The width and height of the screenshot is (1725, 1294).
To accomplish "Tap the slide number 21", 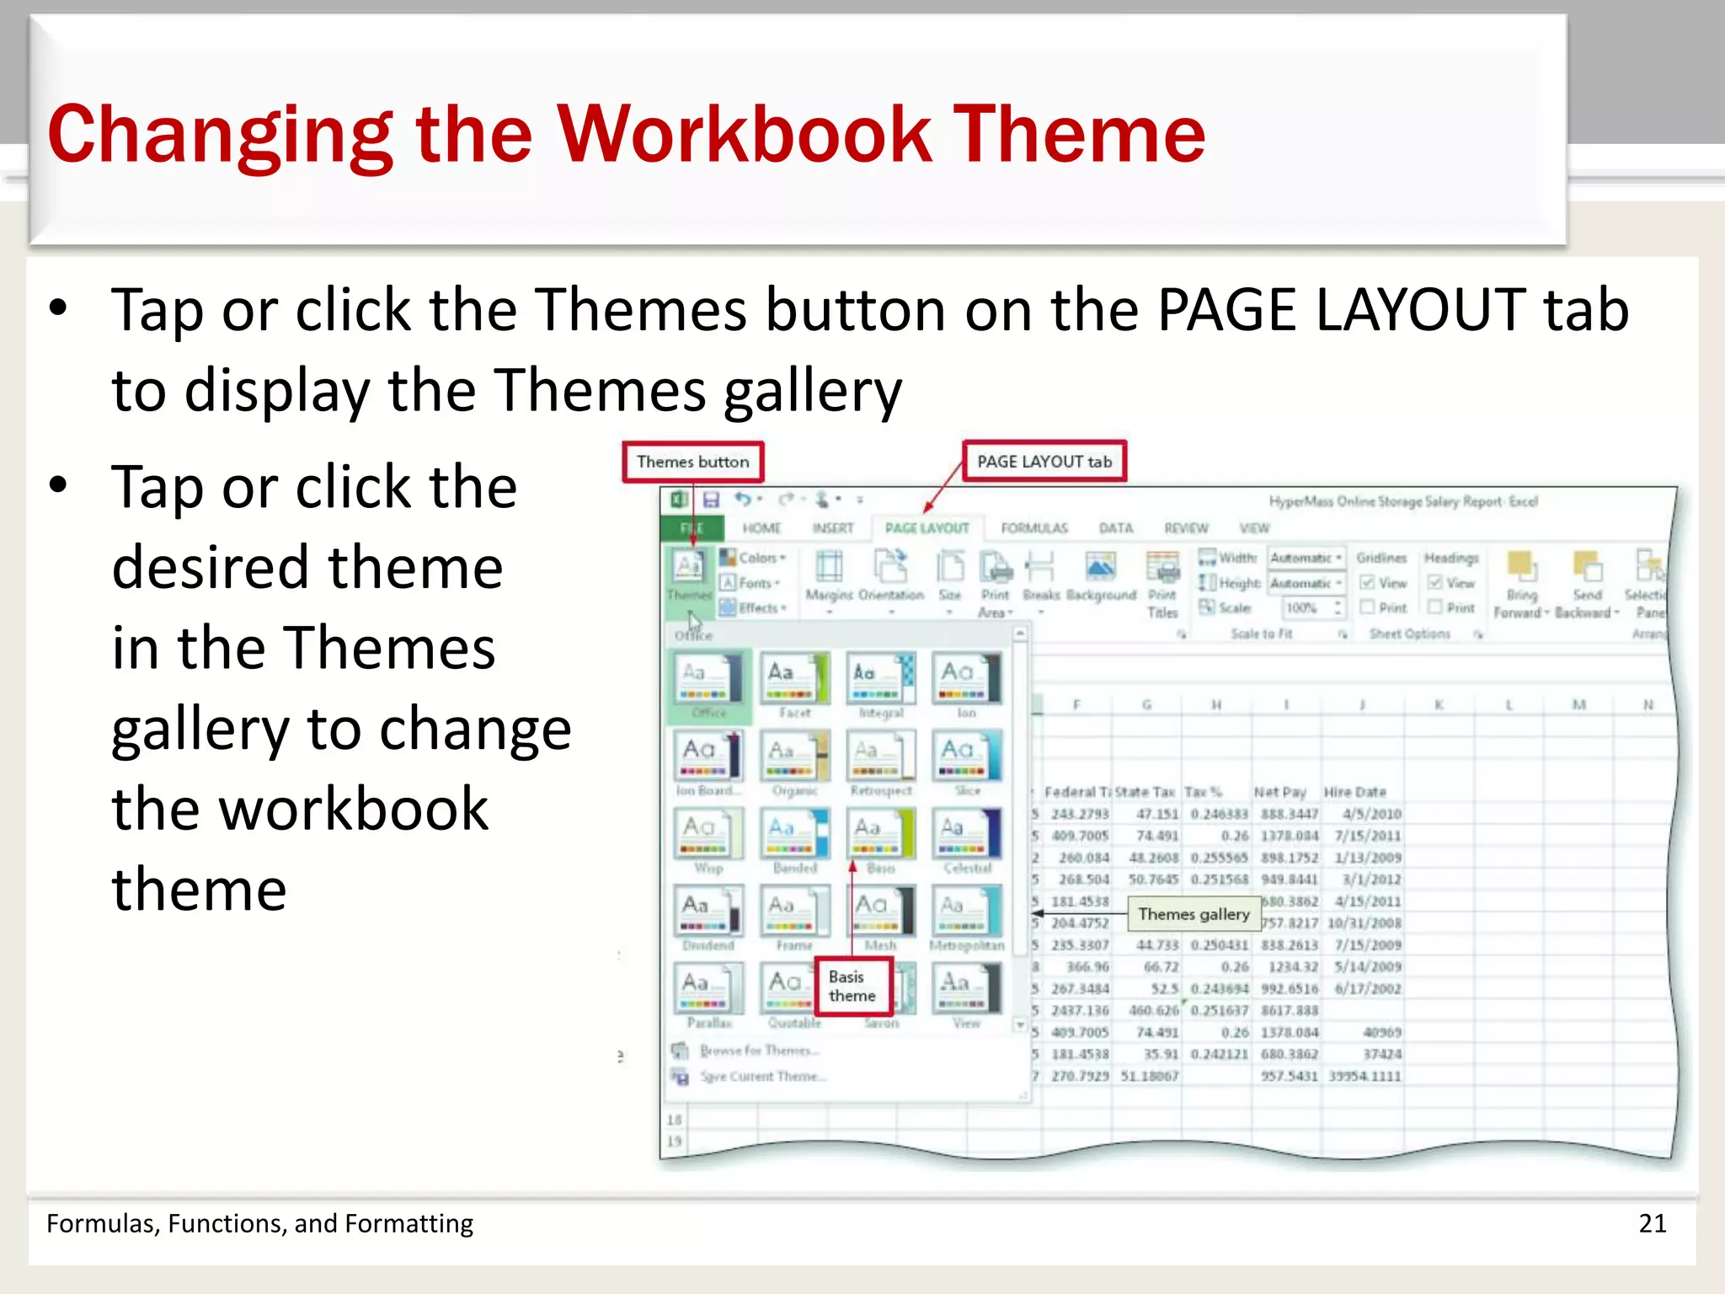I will pyautogui.click(x=1652, y=1223).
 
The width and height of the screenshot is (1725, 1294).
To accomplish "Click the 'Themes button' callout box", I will pyautogui.click(x=692, y=462).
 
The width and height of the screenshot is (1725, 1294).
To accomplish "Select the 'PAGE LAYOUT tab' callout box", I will pyautogui.click(x=1044, y=462).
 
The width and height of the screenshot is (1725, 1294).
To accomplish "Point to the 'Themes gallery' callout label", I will pyautogui.click(x=1194, y=914).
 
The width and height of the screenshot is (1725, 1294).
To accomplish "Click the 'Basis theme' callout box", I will pyautogui.click(x=852, y=987).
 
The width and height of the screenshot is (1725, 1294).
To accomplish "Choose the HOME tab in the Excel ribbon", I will pyautogui.click(x=761, y=528).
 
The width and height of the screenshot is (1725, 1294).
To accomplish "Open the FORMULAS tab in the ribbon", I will pyautogui.click(x=1033, y=528).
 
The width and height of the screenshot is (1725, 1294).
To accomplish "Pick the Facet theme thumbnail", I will pyautogui.click(x=794, y=678).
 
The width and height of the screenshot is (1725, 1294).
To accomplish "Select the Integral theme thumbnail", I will pyautogui.click(x=880, y=678).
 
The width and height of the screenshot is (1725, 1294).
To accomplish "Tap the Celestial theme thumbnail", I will pyautogui.click(x=966, y=833).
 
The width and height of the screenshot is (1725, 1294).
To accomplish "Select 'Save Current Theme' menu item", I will pyautogui.click(x=762, y=1077).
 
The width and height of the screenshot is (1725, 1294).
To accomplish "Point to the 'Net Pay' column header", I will pyautogui.click(x=1279, y=792).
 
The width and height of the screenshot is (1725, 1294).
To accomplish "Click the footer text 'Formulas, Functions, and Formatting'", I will pyautogui.click(x=259, y=1223).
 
